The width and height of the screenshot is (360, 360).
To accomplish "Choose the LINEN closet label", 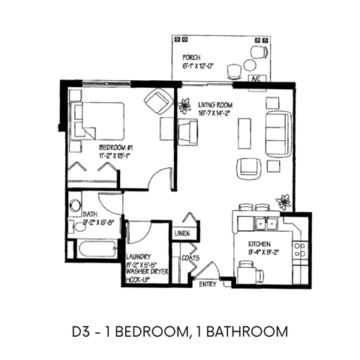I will (182, 234).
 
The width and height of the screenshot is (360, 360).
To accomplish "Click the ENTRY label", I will (206, 284).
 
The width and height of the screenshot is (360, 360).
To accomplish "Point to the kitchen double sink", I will (263, 223).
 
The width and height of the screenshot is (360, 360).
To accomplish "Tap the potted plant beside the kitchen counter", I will (283, 200).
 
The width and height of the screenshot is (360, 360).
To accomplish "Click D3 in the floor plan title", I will (82, 330).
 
